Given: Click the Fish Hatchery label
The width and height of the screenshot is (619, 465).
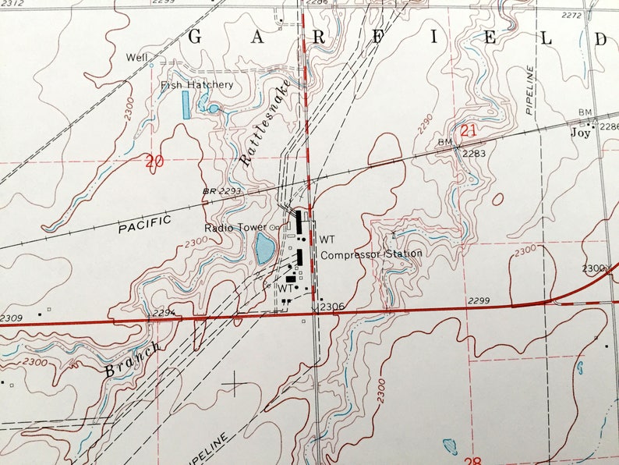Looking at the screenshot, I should pyautogui.click(x=196, y=84).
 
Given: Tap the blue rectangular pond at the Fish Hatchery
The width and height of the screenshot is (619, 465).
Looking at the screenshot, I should pyautogui.click(x=186, y=105).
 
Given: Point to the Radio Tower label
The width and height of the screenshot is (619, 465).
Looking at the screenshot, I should pyautogui.click(x=230, y=228).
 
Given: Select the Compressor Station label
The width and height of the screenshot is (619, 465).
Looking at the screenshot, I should pyautogui.click(x=372, y=254).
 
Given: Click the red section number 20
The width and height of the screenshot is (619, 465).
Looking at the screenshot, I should pyautogui.click(x=154, y=162).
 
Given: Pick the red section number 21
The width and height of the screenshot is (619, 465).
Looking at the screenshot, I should pyautogui.click(x=468, y=131).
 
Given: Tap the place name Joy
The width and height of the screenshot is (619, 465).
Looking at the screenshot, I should pyautogui.click(x=579, y=133).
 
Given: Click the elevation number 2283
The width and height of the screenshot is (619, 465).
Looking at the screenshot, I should pyautogui.click(x=473, y=154).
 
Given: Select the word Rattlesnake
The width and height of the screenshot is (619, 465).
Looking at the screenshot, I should pyautogui.click(x=265, y=122).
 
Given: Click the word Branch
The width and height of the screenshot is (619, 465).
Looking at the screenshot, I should pyautogui.click(x=133, y=359).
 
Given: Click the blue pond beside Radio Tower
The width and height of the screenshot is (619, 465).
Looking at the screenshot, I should pyautogui.click(x=264, y=249).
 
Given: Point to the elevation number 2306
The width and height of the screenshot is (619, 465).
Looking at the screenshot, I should pyautogui.click(x=331, y=306).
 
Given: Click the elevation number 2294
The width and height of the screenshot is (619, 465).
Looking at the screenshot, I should pyautogui.click(x=163, y=312).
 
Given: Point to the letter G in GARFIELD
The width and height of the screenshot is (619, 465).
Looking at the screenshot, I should pyautogui.click(x=196, y=36).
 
